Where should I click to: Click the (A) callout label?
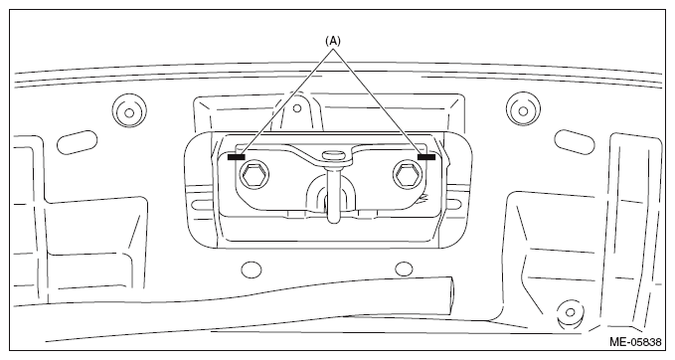[x=332, y=41]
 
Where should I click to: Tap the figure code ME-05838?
[x=635, y=342]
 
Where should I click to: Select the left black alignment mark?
[x=236, y=157]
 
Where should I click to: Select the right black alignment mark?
[x=426, y=157]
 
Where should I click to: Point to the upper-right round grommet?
[x=523, y=110]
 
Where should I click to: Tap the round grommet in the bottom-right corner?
[x=571, y=313]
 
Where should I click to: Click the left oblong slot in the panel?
[x=78, y=141]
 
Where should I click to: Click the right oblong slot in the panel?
[x=575, y=141]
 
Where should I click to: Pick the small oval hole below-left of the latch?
[x=252, y=270]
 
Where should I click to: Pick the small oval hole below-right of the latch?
[x=404, y=269]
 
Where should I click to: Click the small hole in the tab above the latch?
[x=296, y=108]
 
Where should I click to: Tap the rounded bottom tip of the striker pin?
[x=333, y=219]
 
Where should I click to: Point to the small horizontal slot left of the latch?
[x=201, y=205]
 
